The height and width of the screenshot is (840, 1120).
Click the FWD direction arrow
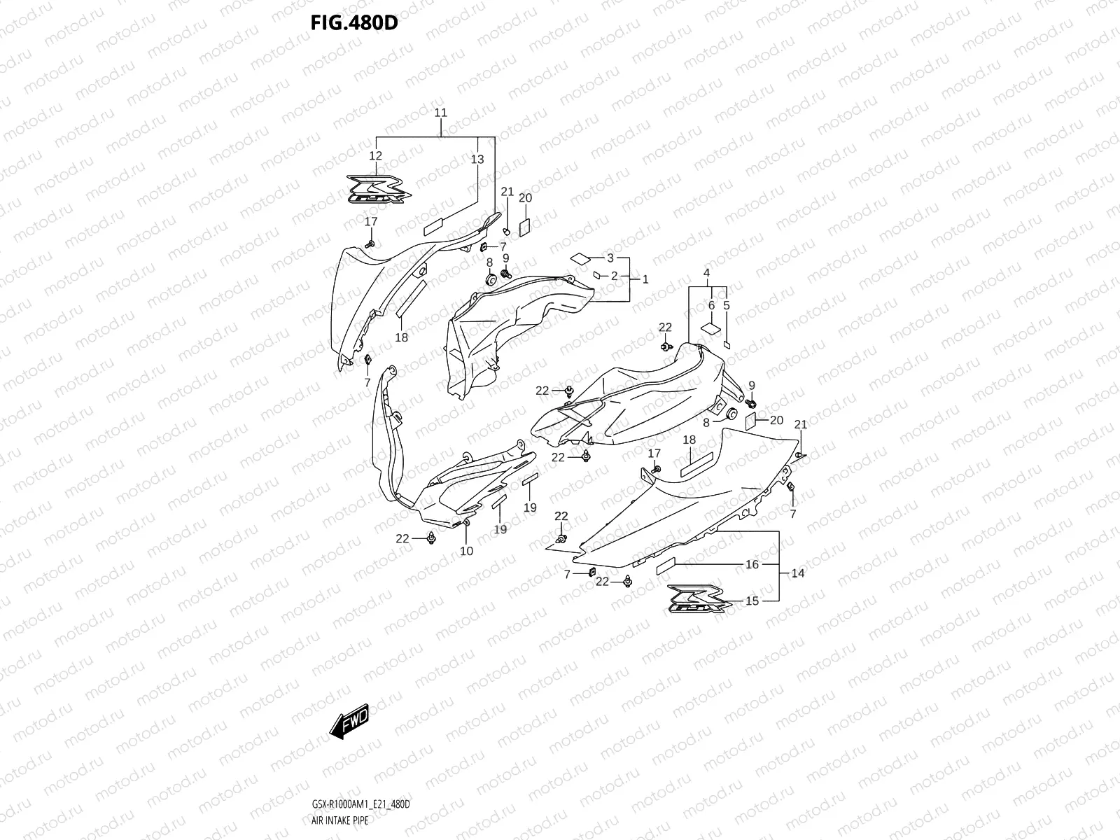coord(349,722)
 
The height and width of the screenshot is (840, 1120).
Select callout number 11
coord(440,113)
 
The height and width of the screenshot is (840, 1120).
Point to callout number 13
coord(477,160)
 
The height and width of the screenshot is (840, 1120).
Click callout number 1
coord(645,279)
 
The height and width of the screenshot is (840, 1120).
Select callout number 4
coord(707,272)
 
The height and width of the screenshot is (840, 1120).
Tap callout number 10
coord(466,551)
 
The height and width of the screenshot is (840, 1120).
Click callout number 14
coord(797,573)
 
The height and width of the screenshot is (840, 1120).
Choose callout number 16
coord(752,564)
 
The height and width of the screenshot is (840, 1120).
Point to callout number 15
coord(752,601)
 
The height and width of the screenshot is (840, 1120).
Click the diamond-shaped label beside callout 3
coord(580,258)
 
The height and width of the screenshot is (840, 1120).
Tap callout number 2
coord(614,276)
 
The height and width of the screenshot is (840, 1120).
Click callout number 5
coord(727,305)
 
